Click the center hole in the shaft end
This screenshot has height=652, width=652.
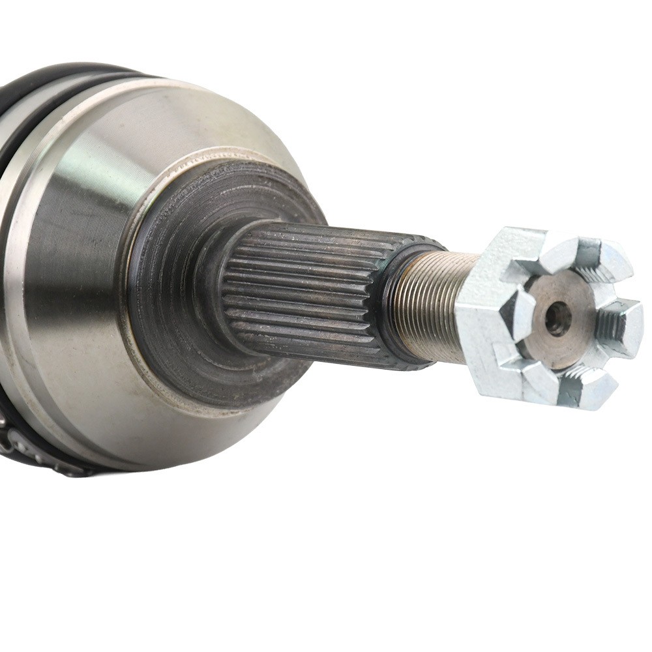[x=557, y=318]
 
